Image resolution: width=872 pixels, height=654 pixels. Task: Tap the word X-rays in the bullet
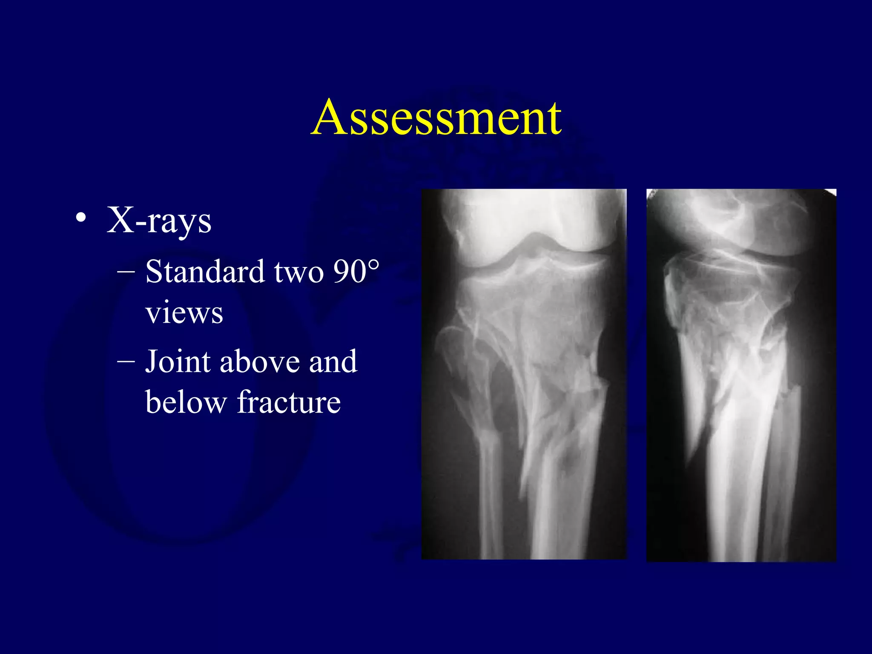[159, 221]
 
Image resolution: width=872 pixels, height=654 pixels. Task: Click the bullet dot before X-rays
[81, 218]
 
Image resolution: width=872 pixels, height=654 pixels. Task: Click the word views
[184, 313]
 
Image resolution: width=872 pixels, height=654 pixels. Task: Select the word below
[186, 402]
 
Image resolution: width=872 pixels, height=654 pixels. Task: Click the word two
[299, 272]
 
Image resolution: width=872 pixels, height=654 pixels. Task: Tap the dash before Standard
[126, 271]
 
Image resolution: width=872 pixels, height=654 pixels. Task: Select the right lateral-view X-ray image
[741, 375]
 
